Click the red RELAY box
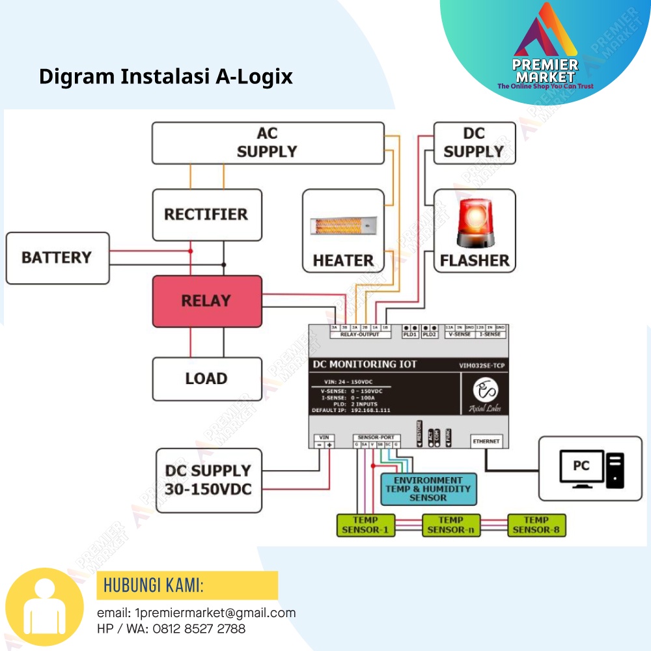pos(207,301)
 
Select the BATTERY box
pos(57,258)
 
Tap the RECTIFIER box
pos(207,215)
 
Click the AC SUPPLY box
pos(268,143)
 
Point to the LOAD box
pos(207,378)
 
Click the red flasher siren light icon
pos(475,223)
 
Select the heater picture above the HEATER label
pos(343,225)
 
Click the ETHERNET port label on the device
pos(486,441)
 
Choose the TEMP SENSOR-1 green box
pos(366,525)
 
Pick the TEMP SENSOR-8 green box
pos(536,525)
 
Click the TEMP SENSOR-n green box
pos(451,525)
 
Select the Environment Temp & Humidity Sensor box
pos(428,489)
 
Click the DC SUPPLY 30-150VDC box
pos(208,480)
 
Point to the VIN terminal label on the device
pos(324,438)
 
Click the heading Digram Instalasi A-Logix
pos(166,77)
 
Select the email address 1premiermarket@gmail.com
pos(215,613)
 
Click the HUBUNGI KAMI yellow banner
pos(187,585)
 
